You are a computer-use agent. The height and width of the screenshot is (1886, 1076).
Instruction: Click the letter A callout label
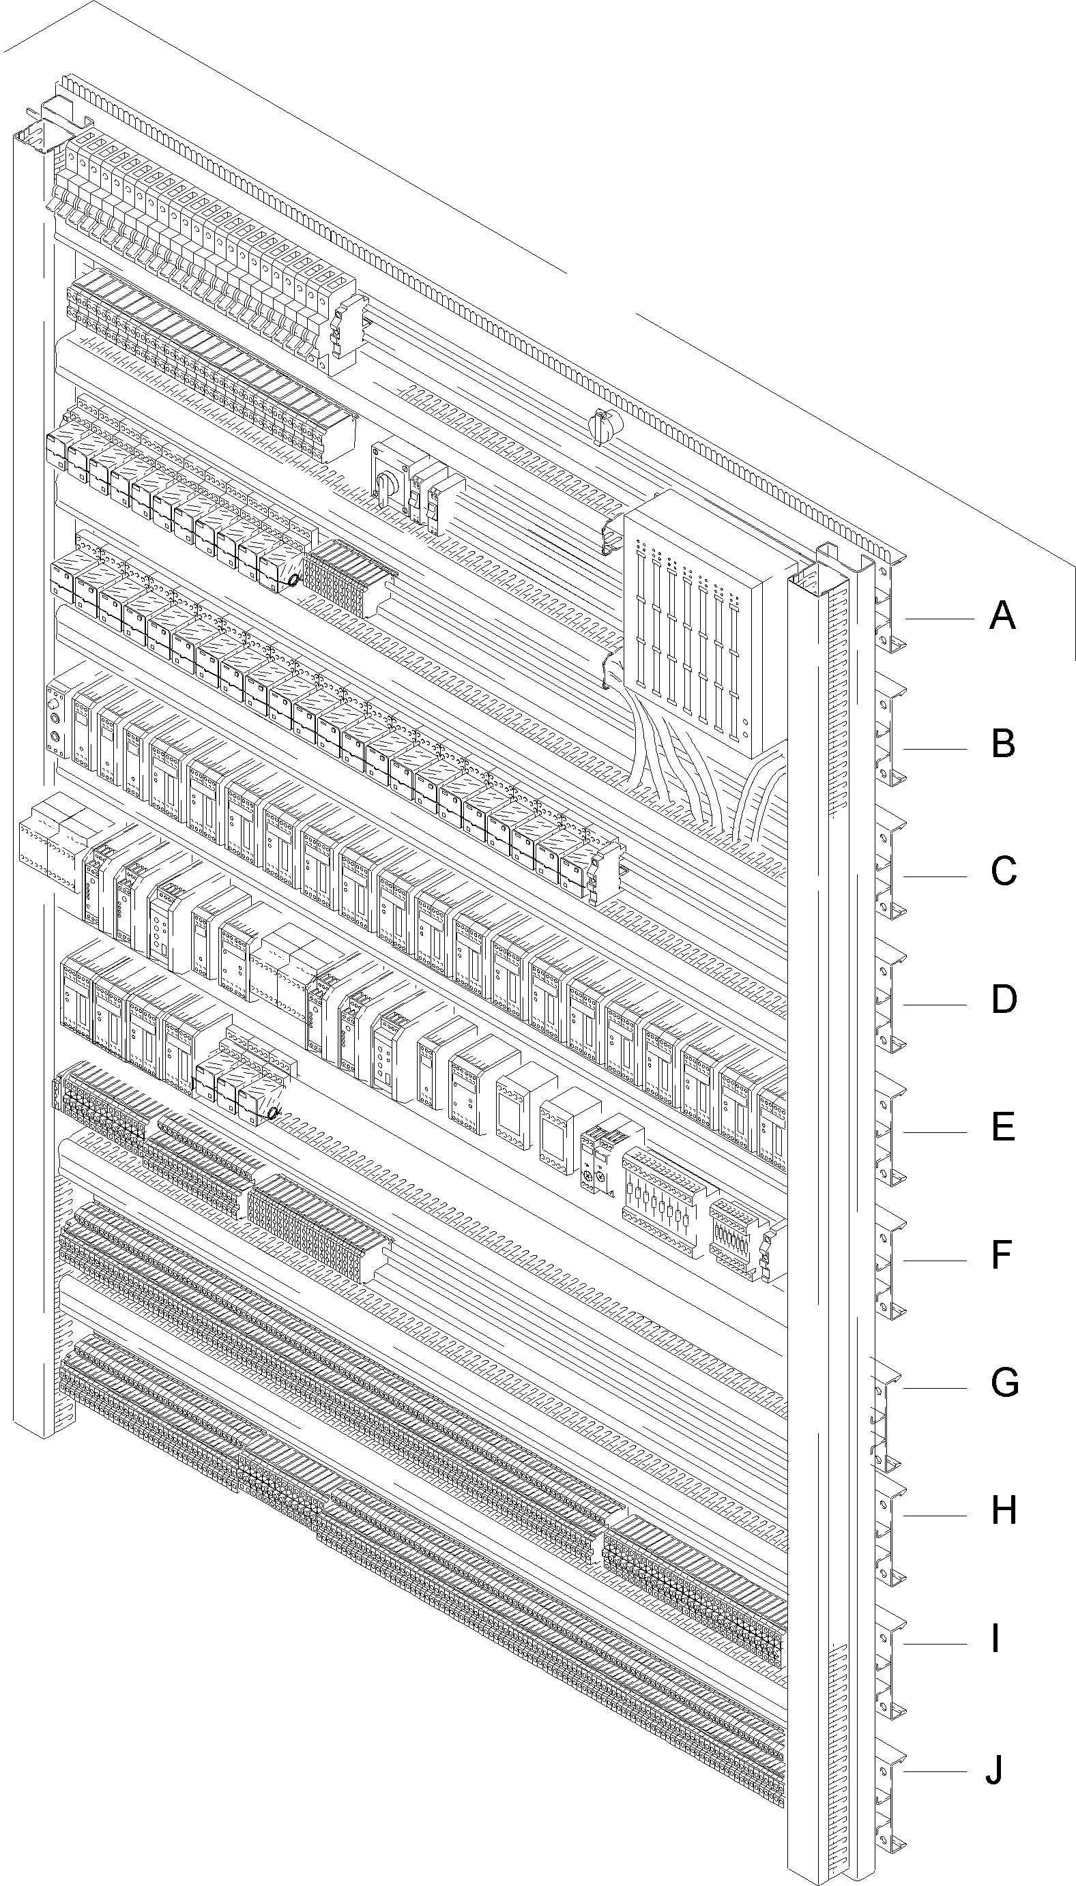(x=1002, y=615)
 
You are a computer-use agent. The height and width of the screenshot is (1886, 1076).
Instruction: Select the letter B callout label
(x=1003, y=744)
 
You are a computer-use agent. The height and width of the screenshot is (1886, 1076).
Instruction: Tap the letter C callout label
(x=1003, y=872)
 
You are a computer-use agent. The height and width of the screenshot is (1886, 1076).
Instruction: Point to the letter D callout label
(x=1004, y=999)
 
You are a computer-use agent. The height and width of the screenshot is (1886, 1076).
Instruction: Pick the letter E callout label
(x=1003, y=1128)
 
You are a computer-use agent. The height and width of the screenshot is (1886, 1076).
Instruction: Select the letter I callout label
(x=995, y=1638)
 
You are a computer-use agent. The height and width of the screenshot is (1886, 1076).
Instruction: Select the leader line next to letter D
(x=935, y=1005)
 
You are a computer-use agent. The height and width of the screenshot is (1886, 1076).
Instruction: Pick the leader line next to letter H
(x=935, y=1516)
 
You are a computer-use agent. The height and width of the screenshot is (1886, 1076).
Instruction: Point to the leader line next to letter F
(x=935, y=1261)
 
